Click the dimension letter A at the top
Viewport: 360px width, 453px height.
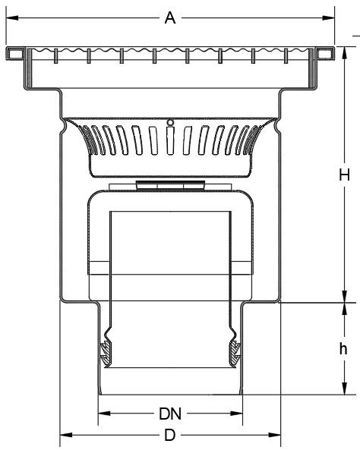click(x=170, y=18)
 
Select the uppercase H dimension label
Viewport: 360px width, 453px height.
click(x=344, y=175)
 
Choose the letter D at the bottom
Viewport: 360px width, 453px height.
click(x=170, y=436)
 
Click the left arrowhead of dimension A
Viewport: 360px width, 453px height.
click(x=11, y=17)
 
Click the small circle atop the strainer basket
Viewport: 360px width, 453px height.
click(x=170, y=122)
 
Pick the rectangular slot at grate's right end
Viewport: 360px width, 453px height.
click(x=325, y=53)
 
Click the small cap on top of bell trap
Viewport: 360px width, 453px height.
click(x=170, y=185)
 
